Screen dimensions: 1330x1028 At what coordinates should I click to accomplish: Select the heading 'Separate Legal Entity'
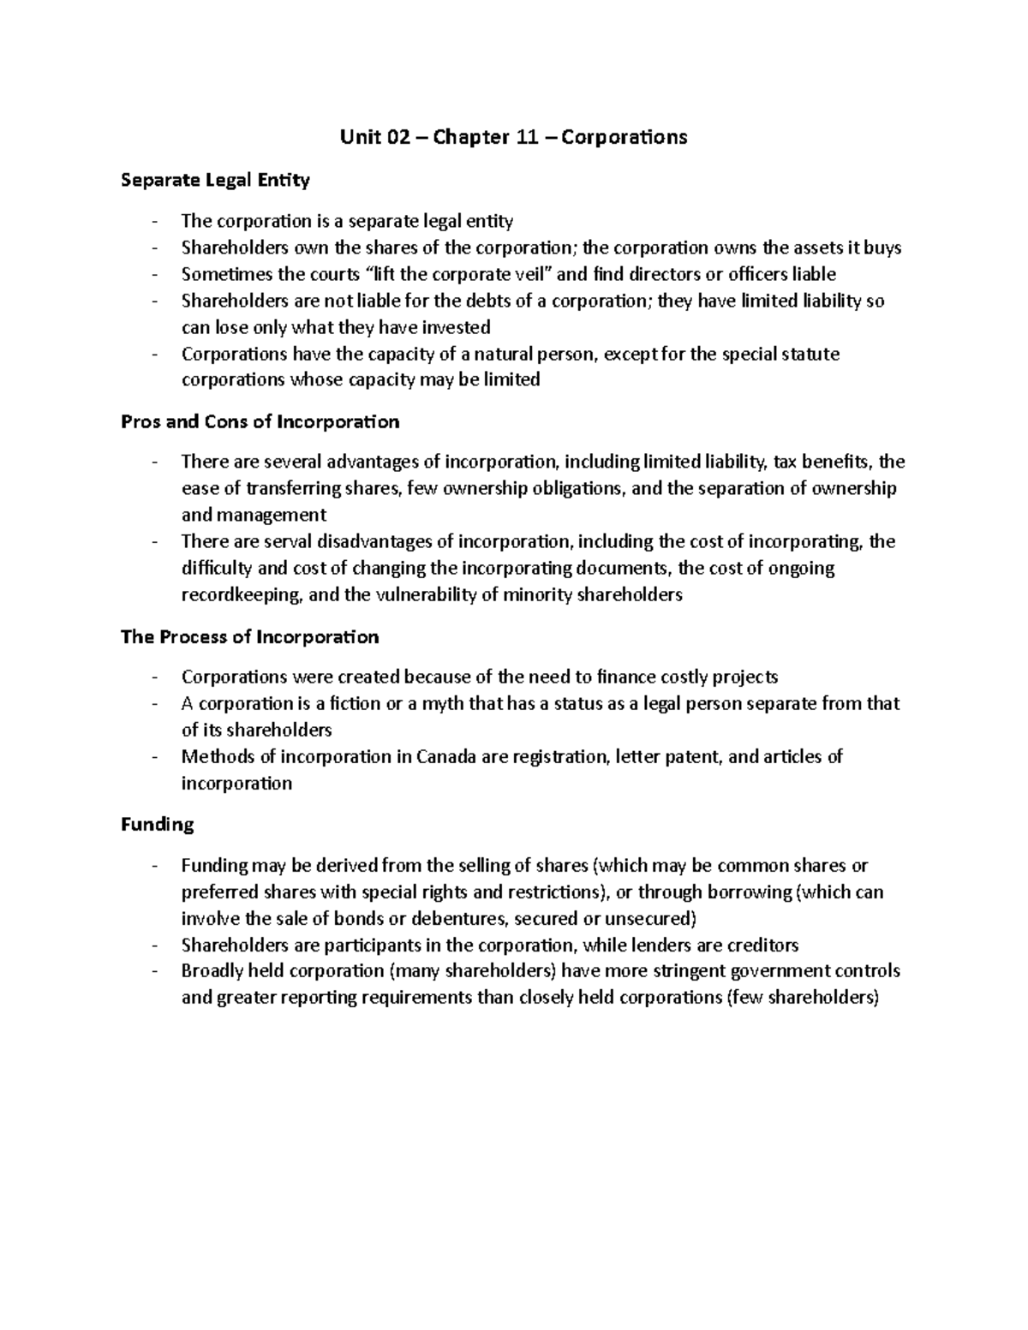tap(215, 181)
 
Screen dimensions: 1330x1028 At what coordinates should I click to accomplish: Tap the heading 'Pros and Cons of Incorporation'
tap(260, 422)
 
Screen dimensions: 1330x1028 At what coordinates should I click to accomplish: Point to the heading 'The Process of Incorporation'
tap(249, 637)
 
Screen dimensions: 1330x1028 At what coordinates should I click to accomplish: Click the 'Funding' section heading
tap(157, 825)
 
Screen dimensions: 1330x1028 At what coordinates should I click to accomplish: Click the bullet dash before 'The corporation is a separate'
tap(154, 223)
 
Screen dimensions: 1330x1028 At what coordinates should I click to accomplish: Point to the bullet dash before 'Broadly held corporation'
tap(154, 972)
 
